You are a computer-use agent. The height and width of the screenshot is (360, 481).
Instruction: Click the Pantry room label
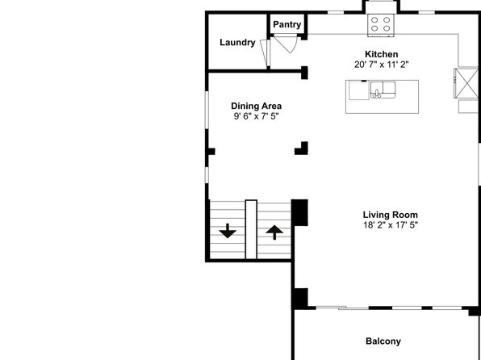tap(287, 24)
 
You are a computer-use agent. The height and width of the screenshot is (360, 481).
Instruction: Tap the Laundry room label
tap(237, 42)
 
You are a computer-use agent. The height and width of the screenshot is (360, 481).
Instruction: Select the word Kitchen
tap(381, 54)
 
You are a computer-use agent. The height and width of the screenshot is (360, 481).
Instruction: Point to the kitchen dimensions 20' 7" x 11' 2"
tap(381, 65)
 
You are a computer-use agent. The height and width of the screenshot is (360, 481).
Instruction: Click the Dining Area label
tap(256, 106)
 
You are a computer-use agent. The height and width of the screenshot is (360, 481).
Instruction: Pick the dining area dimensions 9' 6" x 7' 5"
tap(256, 116)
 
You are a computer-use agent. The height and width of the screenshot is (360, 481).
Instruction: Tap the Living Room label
tap(390, 215)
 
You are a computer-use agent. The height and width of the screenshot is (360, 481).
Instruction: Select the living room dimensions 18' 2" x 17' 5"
tap(390, 225)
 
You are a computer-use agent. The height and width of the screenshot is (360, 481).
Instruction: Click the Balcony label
tap(383, 341)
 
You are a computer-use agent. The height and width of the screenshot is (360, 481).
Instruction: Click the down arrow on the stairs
tap(228, 231)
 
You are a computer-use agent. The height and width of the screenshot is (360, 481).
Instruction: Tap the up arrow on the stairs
tap(274, 232)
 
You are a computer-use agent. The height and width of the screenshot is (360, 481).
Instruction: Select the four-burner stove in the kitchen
tap(381, 25)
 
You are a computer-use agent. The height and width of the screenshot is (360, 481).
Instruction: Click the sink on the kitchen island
tap(383, 90)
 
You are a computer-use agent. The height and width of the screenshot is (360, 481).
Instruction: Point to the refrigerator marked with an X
tap(466, 83)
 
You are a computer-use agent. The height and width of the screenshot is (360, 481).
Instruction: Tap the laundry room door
tap(265, 54)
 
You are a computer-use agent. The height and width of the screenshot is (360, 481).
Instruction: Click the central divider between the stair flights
tap(251, 229)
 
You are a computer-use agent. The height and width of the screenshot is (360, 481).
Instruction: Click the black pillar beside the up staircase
tap(299, 212)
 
